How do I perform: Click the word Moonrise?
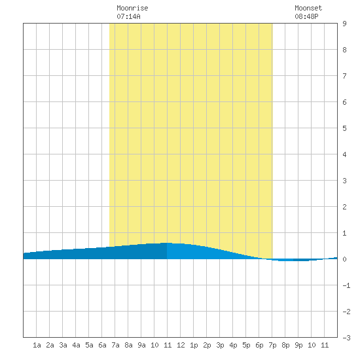point(132,8)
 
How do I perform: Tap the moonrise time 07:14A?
point(128,16)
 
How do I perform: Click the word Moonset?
point(308,8)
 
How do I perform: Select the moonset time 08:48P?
point(306,16)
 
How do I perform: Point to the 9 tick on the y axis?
point(344,24)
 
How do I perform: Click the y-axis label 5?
point(344,128)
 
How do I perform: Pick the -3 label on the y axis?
point(346,338)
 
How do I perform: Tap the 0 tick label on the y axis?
point(344,259)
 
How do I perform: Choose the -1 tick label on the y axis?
point(346,285)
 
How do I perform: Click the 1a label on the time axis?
point(37,345)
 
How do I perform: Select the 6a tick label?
point(102,345)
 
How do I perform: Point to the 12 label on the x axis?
point(181,345)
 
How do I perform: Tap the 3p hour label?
point(220,345)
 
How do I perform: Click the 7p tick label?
point(272,345)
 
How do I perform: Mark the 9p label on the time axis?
point(298,345)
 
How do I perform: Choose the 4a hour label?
point(76,345)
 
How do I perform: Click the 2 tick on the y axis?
point(344,207)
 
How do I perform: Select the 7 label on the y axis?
point(344,76)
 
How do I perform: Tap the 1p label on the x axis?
point(194,345)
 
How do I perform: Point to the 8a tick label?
point(128,345)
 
